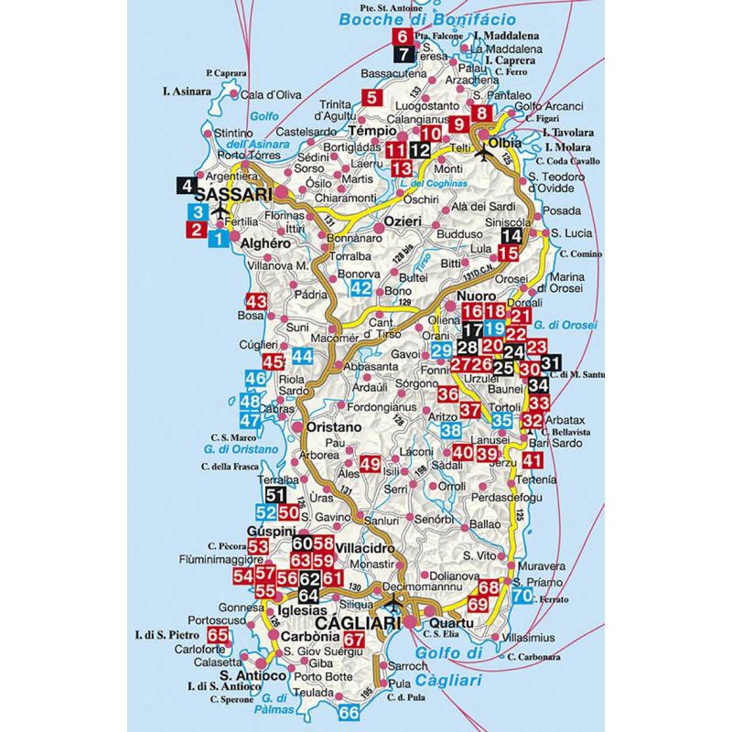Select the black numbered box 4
(188, 186)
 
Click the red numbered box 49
(370, 464)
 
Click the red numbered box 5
(371, 100)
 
